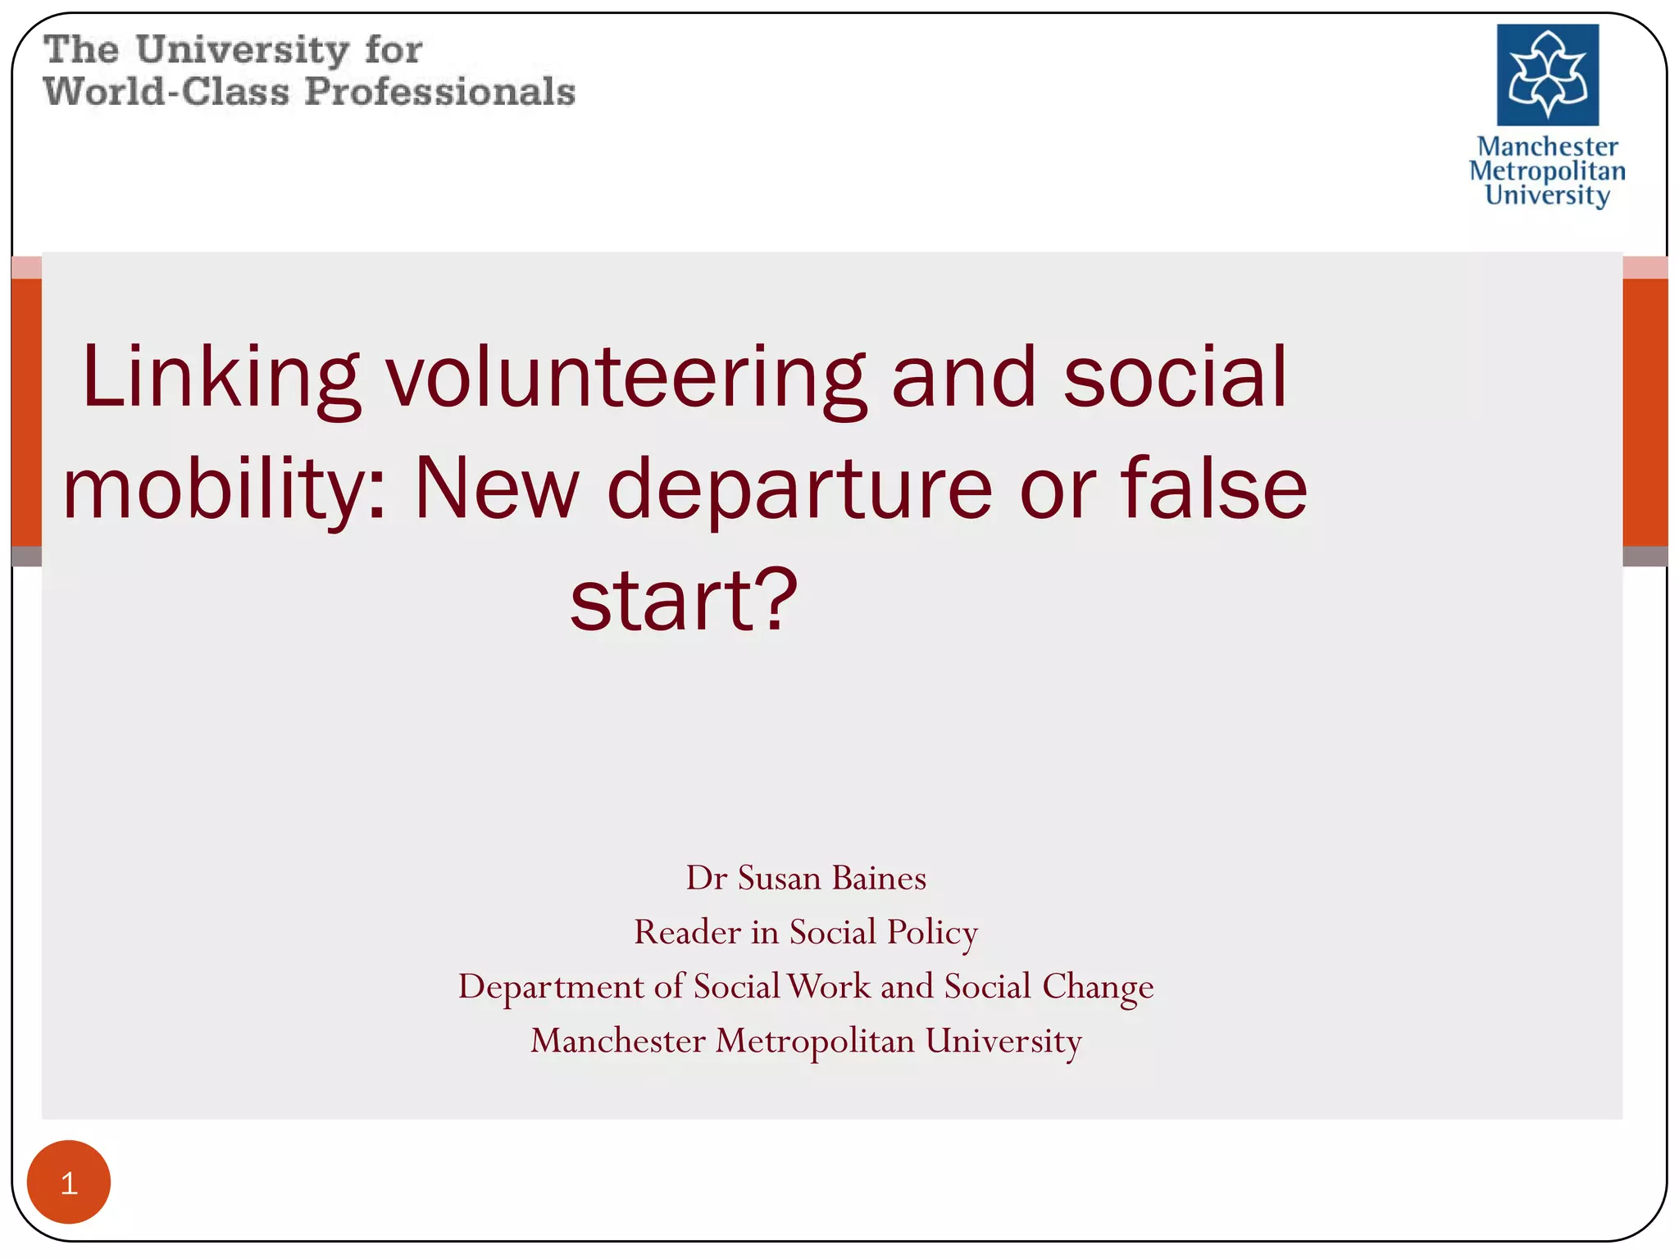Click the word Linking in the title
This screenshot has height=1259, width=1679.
[x=220, y=377]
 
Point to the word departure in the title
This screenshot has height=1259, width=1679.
[x=799, y=489]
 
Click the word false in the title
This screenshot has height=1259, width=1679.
[x=1213, y=489]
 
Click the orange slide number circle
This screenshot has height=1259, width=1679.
[x=69, y=1182]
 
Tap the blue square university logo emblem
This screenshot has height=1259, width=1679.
[x=1547, y=75]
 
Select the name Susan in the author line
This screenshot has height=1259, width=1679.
[x=779, y=878]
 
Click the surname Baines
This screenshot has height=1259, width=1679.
[x=879, y=878]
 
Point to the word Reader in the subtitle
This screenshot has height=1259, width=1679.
[x=687, y=932]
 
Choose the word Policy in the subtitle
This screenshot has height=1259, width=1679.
[x=932, y=932]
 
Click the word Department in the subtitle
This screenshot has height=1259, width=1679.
[x=551, y=986]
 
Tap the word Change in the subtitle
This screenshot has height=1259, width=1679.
[x=1098, y=986]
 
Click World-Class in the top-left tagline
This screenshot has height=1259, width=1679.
[x=166, y=91]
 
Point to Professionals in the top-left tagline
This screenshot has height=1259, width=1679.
[x=439, y=91]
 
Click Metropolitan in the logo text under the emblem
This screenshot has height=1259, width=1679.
[x=1547, y=170]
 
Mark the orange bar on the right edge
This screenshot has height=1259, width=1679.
[x=1645, y=411]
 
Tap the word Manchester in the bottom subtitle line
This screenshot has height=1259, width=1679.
[x=617, y=1041]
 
